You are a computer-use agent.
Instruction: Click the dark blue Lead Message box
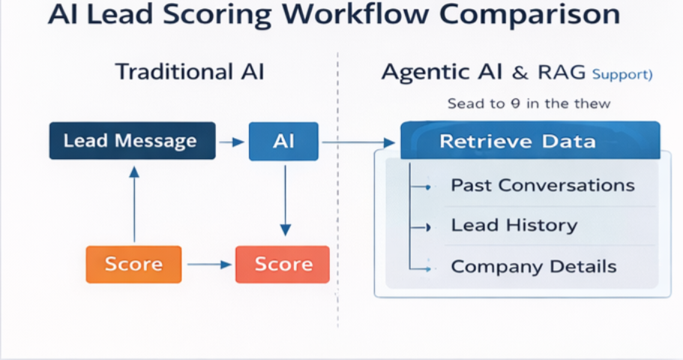click(132, 142)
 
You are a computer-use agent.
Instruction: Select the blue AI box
click(283, 142)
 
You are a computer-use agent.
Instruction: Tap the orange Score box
click(133, 264)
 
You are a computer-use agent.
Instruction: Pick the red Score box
click(283, 264)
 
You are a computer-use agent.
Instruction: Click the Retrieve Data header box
click(530, 141)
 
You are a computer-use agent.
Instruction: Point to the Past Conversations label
click(542, 185)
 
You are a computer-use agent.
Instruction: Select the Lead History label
click(514, 225)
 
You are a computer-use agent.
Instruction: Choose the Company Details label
click(533, 266)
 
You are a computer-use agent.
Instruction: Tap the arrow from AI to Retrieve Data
click(358, 142)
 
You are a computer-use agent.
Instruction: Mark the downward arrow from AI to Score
click(284, 199)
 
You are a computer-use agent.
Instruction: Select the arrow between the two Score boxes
click(208, 264)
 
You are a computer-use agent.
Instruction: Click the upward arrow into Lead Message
click(133, 202)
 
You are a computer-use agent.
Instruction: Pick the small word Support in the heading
click(621, 74)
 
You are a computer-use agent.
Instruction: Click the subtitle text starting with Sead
click(529, 103)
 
